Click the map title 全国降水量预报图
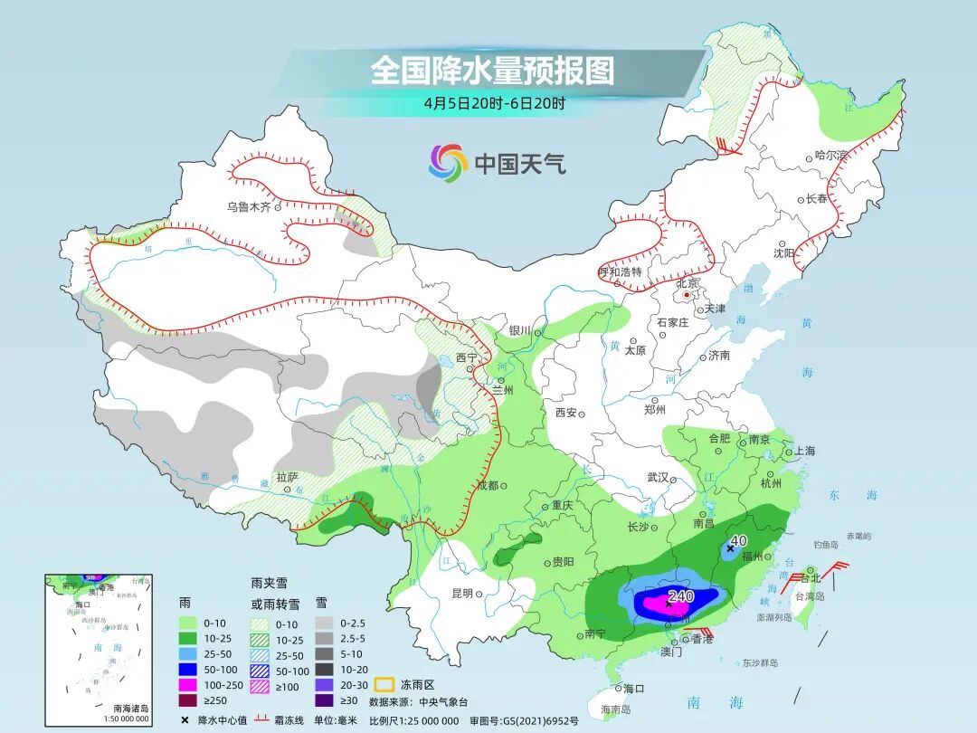(x=491, y=71)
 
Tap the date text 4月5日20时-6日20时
(x=494, y=102)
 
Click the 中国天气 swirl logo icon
(x=448, y=163)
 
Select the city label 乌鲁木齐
(x=249, y=206)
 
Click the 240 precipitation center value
(x=680, y=596)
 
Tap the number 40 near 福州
(x=738, y=540)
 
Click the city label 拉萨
(x=287, y=477)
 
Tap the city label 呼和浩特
(x=620, y=271)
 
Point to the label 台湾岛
(x=811, y=596)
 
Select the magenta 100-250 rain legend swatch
(x=188, y=684)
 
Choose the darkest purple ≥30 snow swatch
(x=324, y=700)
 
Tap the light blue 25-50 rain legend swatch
(x=188, y=652)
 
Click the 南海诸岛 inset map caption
(x=130, y=707)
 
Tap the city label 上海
(x=804, y=451)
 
